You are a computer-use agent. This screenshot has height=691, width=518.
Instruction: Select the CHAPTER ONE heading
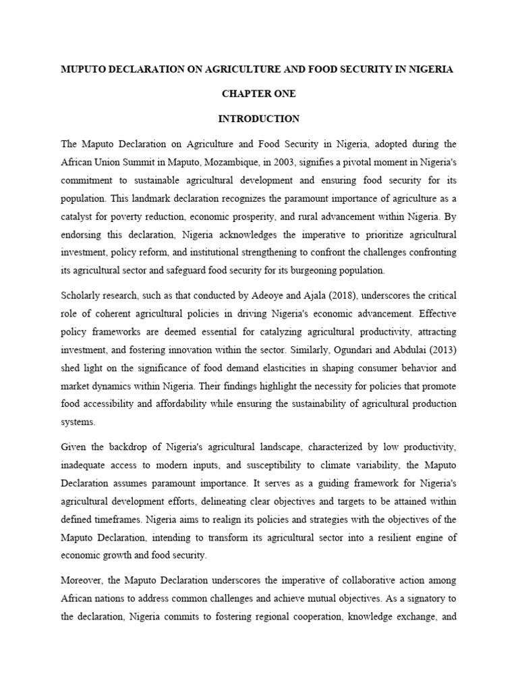point(258,94)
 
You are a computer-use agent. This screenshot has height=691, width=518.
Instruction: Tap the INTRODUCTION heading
point(258,118)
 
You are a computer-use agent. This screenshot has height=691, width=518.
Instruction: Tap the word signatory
point(418,599)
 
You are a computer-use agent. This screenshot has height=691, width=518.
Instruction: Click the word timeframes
point(148,519)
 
